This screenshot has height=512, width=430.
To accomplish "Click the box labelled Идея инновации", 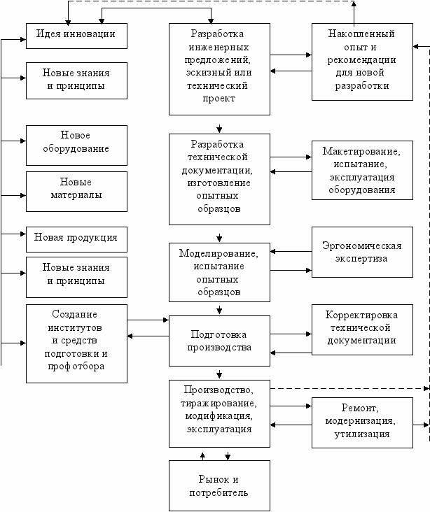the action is [76, 36].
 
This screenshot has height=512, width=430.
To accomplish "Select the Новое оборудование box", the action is [76, 145].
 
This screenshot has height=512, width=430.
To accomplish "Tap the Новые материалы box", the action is [76, 192].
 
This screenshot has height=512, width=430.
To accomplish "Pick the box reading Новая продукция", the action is [76, 239].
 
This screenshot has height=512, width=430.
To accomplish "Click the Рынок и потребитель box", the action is [219, 486].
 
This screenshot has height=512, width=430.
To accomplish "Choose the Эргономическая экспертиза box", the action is [362, 252].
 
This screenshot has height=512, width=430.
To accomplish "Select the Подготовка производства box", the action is [219, 341].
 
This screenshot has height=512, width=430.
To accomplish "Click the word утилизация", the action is [362, 434].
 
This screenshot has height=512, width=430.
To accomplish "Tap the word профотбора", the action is [76, 367].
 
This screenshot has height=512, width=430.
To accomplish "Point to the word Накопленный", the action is [361, 34].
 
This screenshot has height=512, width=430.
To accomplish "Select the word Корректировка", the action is [361, 315].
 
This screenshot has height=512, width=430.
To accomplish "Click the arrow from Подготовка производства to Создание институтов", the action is [148, 336].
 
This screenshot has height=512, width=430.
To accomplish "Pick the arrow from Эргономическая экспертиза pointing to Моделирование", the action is [291, 251].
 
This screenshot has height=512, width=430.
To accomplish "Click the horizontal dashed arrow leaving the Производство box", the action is [350, 389].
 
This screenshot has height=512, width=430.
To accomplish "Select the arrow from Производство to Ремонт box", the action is [291, 406].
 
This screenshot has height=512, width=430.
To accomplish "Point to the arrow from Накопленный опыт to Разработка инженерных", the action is [291, 71].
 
